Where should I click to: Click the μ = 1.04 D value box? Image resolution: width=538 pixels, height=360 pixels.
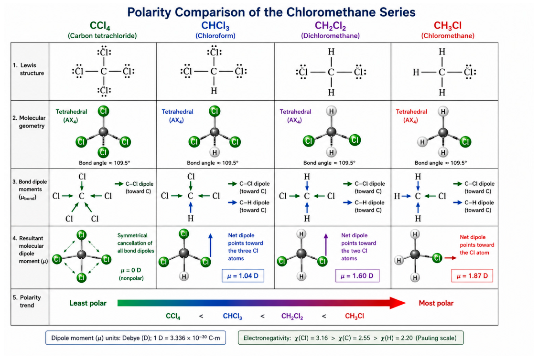pyautogui.click(x=243, y=275)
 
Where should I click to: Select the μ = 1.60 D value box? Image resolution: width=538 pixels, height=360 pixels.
pyautogui.click(x=357, y=275)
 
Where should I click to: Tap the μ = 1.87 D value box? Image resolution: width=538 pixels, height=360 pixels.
pyautogui.click(x=472, y=275)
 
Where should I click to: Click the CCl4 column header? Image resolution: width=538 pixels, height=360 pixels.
pyautogui.click(x=100, y=26)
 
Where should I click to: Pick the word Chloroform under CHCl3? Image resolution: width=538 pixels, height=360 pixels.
pyautogui.click(x=215, y=36)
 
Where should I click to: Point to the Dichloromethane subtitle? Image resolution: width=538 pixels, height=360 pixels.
pyautogui.click(x=331, y=36)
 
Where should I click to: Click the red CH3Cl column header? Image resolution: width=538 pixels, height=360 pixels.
pyautogui.click(x=447, y=26)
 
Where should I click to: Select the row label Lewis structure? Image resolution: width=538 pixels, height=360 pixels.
pyautogui.click(x=29, y=69)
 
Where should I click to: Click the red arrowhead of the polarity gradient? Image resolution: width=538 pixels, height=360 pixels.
pyautogui.click(x=398, y=303)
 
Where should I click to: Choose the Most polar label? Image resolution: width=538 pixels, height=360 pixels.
pyautogui.click(x=436, y=303)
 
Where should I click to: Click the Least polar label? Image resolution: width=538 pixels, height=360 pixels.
pyautogui.click(x=88, y=303)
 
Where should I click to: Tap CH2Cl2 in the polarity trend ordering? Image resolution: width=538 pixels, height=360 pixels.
pyautogui.click(x=292, y=317)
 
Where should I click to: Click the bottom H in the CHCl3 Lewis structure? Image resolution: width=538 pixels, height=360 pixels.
pyautogui.click(x=214, y=91)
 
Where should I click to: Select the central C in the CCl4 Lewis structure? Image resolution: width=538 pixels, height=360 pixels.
pyautogui.click(x=104, y=71)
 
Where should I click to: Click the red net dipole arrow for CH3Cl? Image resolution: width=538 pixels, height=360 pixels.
pyautogui.click(x=451, y=258)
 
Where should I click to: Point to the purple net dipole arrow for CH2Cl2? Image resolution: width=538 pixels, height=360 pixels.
pyautogui.click(x=326, y=245)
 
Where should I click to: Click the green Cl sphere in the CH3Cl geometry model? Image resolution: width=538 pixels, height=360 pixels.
pyautogui.click(x=465, y=142)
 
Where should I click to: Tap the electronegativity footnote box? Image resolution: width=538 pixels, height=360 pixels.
pyautogui.click(x=351, y=338)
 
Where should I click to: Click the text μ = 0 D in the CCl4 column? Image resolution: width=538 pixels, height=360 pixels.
pyautogui.click(x=131, y=270)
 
